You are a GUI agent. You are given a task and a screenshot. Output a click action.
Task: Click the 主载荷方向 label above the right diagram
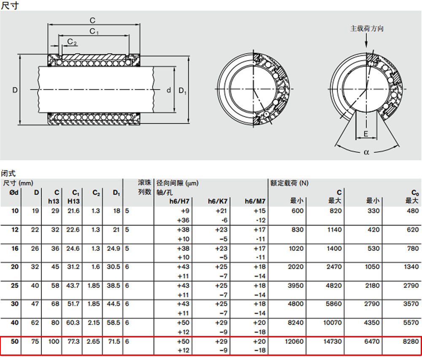point(367,29)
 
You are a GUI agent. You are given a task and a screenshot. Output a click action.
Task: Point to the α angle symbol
point(367,153)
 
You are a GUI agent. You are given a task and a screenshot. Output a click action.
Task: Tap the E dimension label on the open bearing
point(366,134)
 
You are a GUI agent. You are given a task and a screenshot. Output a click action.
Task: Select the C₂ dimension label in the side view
point(72,41)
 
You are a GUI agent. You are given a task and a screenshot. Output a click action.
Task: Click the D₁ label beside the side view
point(182,91)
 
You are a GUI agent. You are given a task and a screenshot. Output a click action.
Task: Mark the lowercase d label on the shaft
point(169,90)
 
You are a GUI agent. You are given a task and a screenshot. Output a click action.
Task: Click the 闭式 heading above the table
point(8,173)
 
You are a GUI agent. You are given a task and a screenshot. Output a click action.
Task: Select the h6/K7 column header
point(217,201)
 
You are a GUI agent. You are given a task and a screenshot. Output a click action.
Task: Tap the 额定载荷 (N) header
point(289,183)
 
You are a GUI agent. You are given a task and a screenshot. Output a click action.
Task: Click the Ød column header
point(14,193)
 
